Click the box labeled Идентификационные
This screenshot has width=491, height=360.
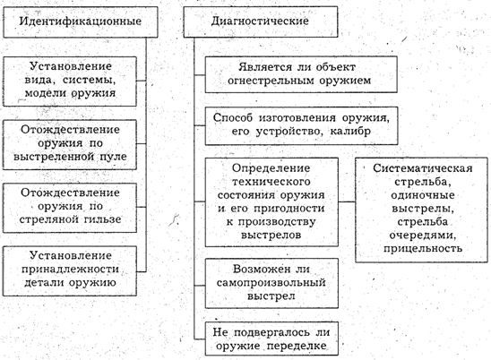tap(81, 22)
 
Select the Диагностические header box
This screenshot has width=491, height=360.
tap(261, 21)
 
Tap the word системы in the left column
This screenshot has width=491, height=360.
tap(90, 80)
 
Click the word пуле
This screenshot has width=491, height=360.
tap(113, 157)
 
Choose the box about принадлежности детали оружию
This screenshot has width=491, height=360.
tap(70, 271)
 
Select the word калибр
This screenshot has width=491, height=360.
tap(350, 131)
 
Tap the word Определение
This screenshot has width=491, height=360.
tap(271, 168)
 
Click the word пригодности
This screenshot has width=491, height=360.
tap(289, 209)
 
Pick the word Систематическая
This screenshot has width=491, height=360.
tap(423, 168)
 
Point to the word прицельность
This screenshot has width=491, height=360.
tap(423, 249)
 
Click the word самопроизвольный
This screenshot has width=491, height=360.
tap(271, 283)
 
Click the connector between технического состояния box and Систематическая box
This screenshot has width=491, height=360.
tap(347, 201)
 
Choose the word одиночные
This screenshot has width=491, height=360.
tap(423, 195)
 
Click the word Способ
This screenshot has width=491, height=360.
tap(233, 118)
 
